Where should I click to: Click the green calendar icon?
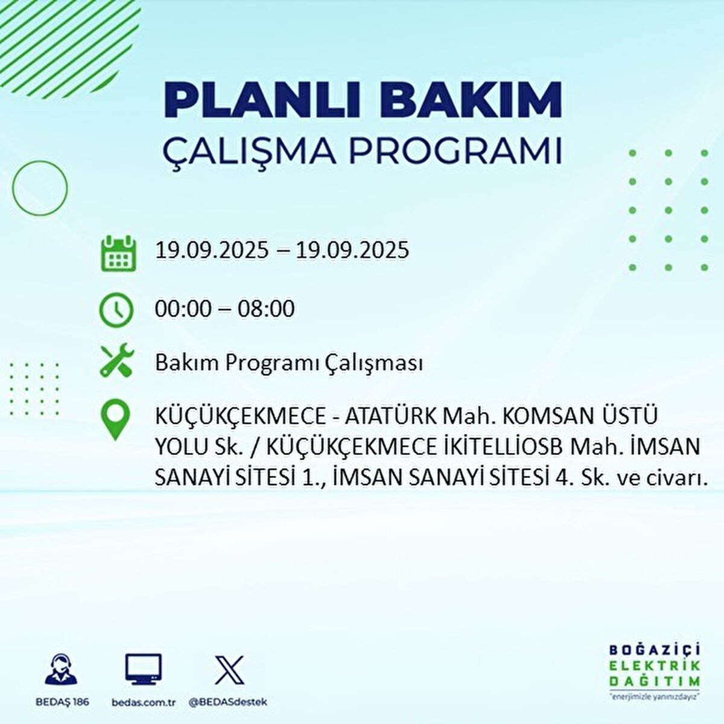116,253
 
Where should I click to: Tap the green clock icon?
116,310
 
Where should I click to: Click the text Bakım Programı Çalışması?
288,363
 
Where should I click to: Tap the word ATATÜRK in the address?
391,417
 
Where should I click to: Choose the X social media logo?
229,670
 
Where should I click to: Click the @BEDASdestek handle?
227,702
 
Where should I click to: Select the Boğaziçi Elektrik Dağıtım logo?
655,671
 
